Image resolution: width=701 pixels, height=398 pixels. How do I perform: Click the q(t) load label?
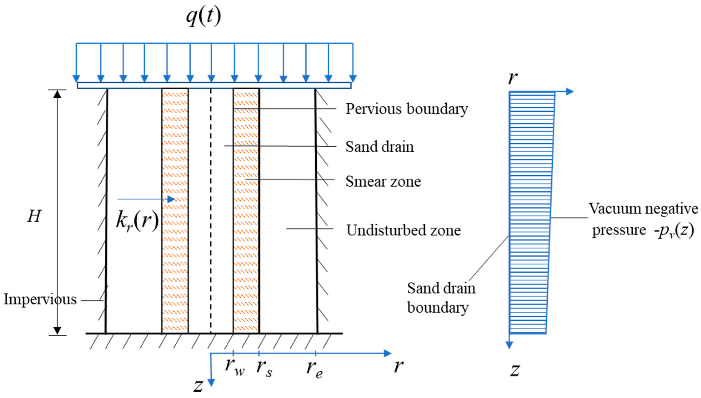(203, 16)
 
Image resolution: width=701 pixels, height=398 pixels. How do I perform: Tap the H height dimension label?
(34, 216)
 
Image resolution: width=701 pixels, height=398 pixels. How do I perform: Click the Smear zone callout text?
(383, 182)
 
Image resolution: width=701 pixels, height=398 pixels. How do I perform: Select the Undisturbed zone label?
(403, 230)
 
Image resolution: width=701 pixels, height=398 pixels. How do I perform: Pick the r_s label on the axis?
(264, 368)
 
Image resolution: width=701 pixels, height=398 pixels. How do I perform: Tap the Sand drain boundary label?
(441, 298)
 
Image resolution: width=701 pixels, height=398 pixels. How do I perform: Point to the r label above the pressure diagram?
(513, 78)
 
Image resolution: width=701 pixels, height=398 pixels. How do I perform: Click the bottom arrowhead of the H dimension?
(57, 331)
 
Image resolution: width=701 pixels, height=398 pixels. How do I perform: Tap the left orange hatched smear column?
(175, 211)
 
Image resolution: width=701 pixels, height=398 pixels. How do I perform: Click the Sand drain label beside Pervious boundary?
(379, 147)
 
